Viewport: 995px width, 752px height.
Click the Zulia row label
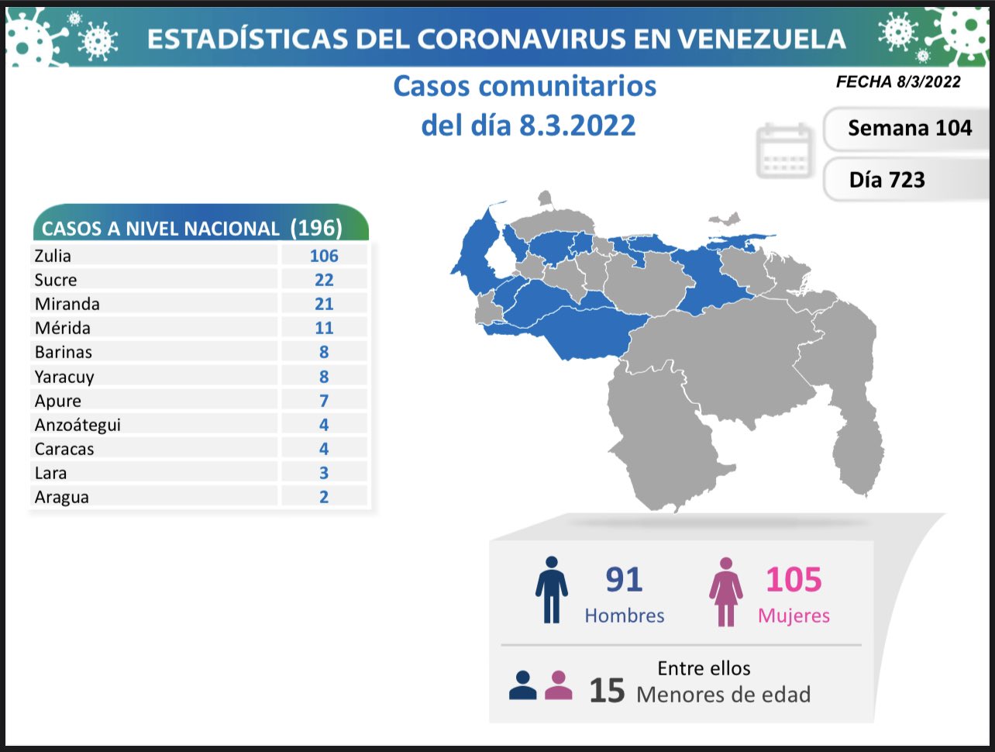(x=53, y=256)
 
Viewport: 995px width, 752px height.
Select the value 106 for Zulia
(x=324, y=256)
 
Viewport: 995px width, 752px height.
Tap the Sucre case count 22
(x=324, y=280)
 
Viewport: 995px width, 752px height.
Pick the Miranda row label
(x=67, y=304)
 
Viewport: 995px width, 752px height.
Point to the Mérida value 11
(x=324, y=328)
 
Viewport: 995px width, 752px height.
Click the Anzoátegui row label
(x=77, y=425)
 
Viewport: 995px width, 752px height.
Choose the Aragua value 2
(x=324, y=497)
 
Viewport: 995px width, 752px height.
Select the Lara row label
(x=51, y=473)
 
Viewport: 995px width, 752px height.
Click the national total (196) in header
(x=316, y=228)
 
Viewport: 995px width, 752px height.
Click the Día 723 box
(x=887, y=180)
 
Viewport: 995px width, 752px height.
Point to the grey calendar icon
(x=784, y=150)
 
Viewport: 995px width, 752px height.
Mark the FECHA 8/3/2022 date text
(x=898, y=82)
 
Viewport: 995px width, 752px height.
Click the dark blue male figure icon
(x=551, y=590)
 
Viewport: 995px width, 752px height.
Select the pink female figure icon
(x=726, y=592)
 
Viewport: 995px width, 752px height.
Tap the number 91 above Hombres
(x=624, y=580)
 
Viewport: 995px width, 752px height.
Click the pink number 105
(x=794, y=580)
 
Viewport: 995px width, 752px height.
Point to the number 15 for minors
(x=607, y=691)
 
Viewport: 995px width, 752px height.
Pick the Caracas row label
(x=64, y=449)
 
